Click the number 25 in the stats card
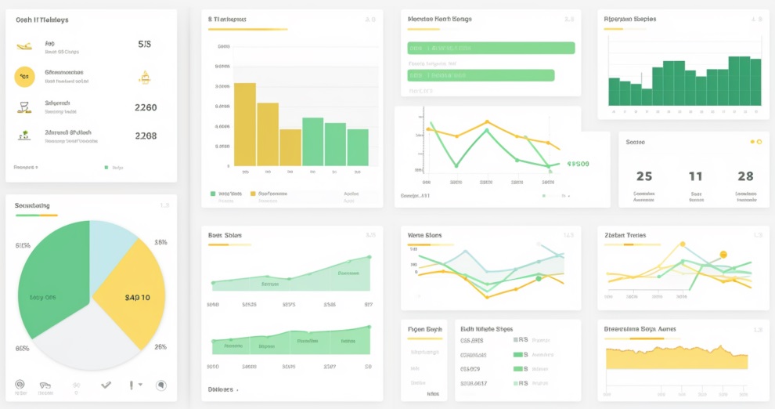click(x=643, y=176)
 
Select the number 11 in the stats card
click(x=695, y=176)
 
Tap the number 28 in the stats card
click(x=745, y=176)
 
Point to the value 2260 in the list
click(x=146, y=107)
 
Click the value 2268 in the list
click(x=146, y=136)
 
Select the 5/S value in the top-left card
click(x=145, y=45)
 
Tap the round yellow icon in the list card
click(x=25, y=77)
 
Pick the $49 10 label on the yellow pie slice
click(x=138, y=298)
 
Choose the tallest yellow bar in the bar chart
click(x=245, y=125)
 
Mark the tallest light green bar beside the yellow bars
click(x=313, y=142)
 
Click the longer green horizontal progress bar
click(x=491, y=48)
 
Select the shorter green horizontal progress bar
click(x=481, y=75)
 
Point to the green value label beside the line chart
click(x=578, y=164)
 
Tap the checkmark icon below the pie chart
click(x=106, y=385)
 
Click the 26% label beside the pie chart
click(x=160, y=346)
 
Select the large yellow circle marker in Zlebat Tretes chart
click(x=723, y=255)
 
